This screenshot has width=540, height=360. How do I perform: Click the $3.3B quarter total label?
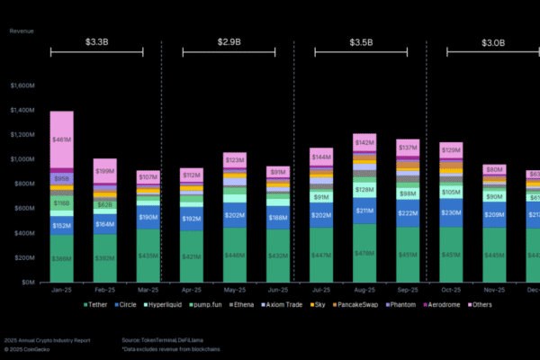click(x=97, y=42)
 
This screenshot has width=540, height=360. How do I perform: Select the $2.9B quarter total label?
click(x=229, y=42)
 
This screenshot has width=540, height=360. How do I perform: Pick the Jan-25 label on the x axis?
click(x=62, y=292)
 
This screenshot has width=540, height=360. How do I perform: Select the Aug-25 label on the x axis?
click(x=364, y=292)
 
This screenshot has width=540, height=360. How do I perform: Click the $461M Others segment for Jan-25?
click(x=62, y=139)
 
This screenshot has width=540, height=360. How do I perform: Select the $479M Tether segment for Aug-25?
click(x=364, y=253)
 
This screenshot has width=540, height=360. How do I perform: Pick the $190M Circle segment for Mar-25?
click(x=148, y=217)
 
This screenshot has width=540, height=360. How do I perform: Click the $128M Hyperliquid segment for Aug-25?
click(x=364, y=189)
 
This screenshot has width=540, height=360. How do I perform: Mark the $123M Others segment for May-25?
click(x=235, y=159)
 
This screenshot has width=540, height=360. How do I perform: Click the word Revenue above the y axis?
click(x=22, y=30)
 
